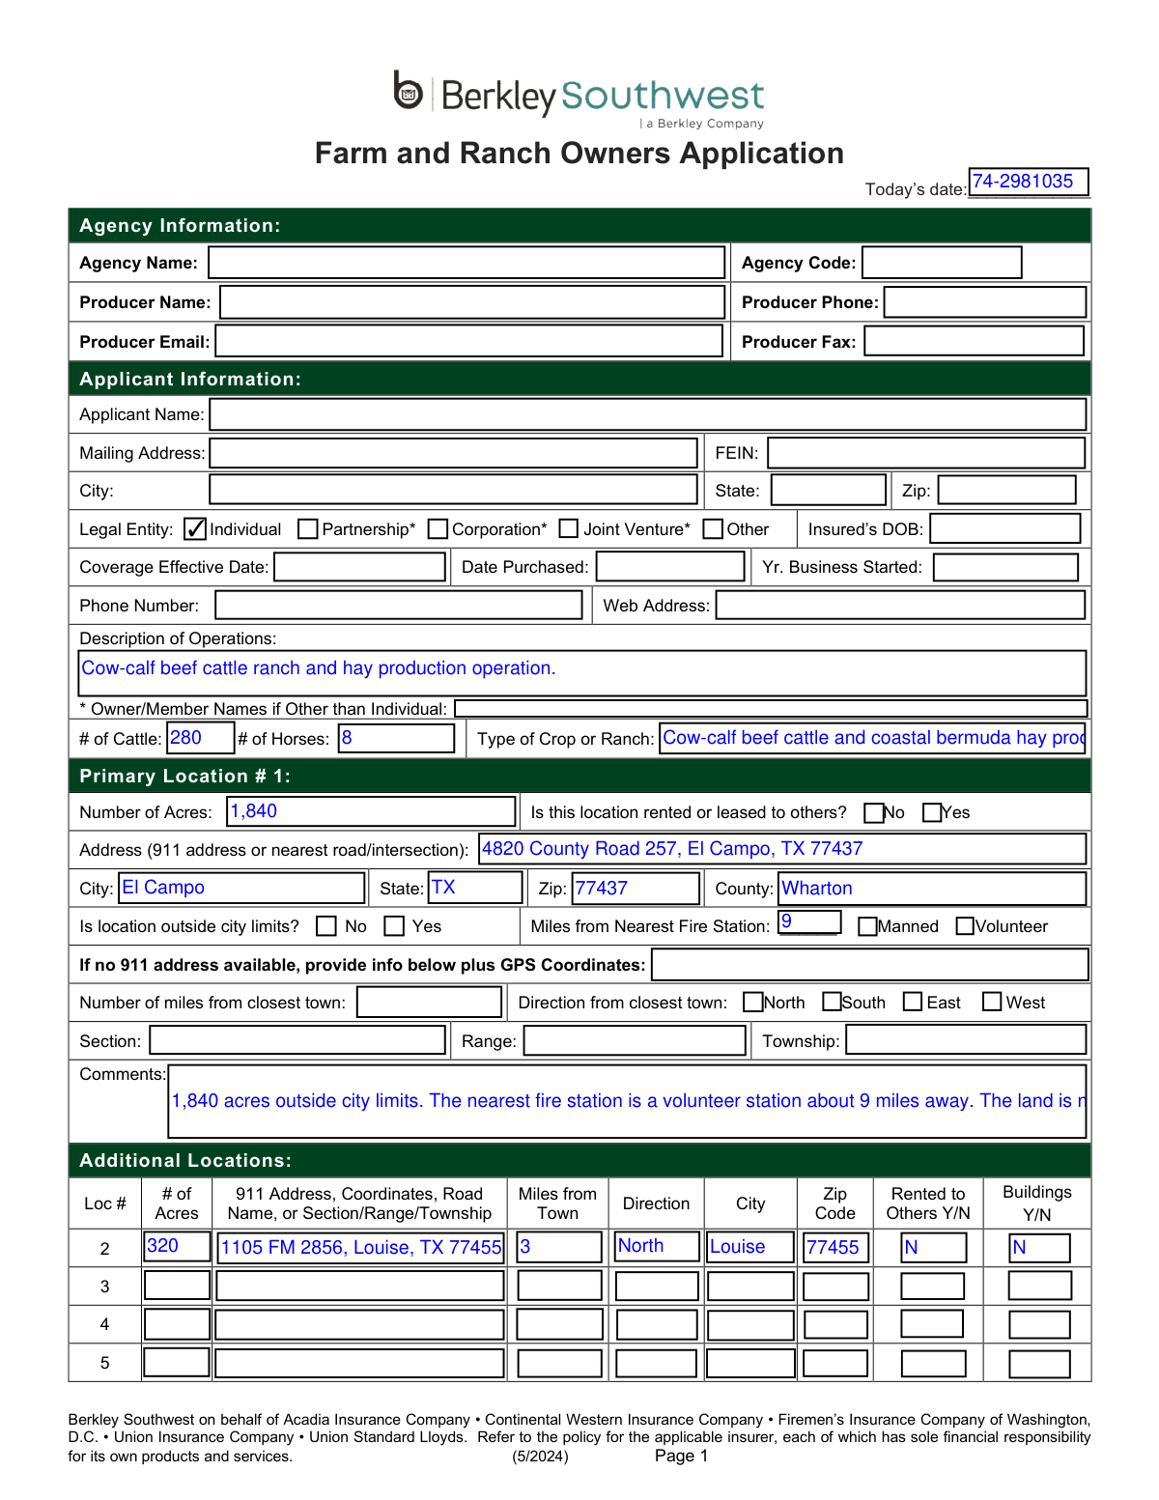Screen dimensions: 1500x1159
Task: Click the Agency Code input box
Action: click(942, 263)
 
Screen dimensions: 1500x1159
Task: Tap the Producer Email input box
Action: click(468, 341)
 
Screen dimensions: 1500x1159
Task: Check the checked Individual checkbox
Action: click(195, 529)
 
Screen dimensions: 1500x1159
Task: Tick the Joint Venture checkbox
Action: click(569, 529)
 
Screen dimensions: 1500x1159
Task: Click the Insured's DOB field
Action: click(1004, 529)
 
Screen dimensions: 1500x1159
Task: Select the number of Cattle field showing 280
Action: click(200, 738)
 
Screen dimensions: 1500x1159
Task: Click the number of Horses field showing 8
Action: click(396, 738)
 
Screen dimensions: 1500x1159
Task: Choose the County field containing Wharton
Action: click(932, 889)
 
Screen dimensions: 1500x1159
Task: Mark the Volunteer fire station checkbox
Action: click(965, 926)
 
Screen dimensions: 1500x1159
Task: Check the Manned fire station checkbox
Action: click(867, 926)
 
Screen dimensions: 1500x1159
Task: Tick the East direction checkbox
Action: click(913, 1002)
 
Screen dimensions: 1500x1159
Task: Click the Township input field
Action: click(966, 1040)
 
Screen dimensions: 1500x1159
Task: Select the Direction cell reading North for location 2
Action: click(657, 1246)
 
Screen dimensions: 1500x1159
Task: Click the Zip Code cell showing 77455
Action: click(835, 1247)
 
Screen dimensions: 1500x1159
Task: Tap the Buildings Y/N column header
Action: click(1036, 1203)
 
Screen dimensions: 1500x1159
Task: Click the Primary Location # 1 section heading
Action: click(184, 777)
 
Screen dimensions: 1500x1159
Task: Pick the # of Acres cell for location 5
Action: click(177, 1363)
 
